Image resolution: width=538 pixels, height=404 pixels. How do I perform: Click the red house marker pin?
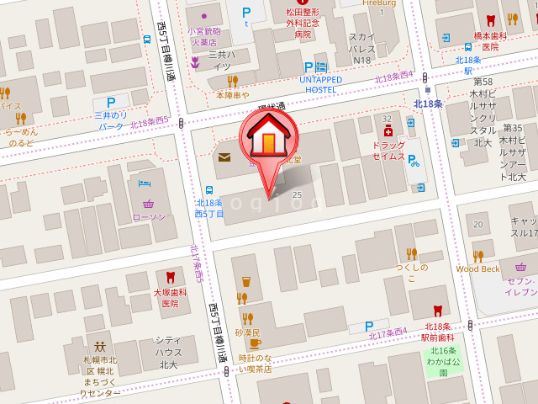268,139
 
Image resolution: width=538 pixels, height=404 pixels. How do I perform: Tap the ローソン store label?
149,217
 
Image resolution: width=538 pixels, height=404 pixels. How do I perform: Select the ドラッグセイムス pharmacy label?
388,151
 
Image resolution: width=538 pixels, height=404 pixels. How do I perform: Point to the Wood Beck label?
477,268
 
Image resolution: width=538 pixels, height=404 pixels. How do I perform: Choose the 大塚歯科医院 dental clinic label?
171,297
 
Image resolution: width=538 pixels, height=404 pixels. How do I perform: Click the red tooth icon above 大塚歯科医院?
171,277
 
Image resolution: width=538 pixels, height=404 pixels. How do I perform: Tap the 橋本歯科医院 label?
491,41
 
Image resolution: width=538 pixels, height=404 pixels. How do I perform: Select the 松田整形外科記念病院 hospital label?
303,24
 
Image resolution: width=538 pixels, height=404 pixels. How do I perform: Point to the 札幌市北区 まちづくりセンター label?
100,376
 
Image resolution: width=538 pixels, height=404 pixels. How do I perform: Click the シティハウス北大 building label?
168,352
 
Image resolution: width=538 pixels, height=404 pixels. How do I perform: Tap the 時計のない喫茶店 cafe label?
255,363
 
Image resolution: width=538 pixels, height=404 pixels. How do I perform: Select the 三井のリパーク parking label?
111,120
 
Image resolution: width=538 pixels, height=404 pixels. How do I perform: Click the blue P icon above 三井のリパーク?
111,102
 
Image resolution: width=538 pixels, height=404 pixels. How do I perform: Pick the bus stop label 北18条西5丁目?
209,208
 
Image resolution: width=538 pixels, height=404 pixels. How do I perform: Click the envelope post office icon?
224,157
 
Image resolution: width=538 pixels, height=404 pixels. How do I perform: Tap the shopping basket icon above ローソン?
149,203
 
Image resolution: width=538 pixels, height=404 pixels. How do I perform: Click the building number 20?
477,224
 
